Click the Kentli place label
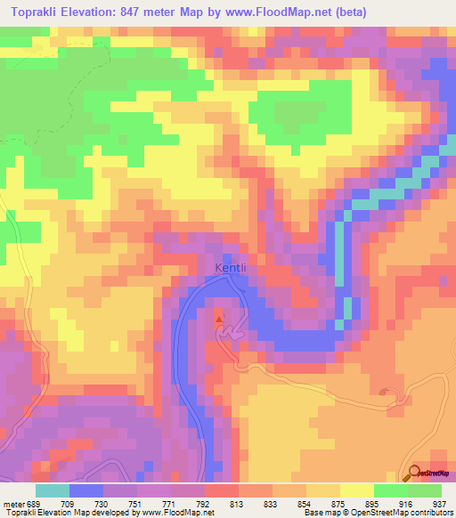[229, 267]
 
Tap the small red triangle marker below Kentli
[219, 317]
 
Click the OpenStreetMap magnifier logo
[416, 473]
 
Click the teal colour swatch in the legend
[53, 490]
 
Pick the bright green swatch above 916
[391, 490]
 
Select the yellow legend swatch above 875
[357, 490]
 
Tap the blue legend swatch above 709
[86, 490]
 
